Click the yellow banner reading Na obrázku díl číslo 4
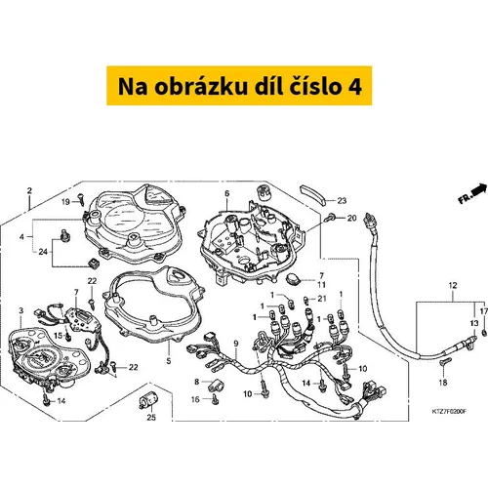(x=239, y=86)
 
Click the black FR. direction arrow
(x=479, y=190)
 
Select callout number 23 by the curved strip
(x=342, y=201)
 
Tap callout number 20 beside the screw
(x=352, y=218)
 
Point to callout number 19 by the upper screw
(x=65, y=202)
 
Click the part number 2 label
(x=29, y=190)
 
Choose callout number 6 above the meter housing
(x=226, y=193)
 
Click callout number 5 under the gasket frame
(x=169, y=360)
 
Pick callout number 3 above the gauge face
(x=21, y=310)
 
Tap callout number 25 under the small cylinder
(x=151, y=417)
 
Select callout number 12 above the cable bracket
(x=453, y=285)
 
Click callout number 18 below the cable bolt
(x=443, y=383)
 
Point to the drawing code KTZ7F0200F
(x=449, y=412)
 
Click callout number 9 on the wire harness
(x=236, y=344)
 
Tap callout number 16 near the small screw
(x=195, y=399)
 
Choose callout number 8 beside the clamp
(x=197, y=382)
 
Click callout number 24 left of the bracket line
(x=43, y=252)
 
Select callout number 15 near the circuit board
(x=58, y=335)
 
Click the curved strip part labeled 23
(x=312, y=193)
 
